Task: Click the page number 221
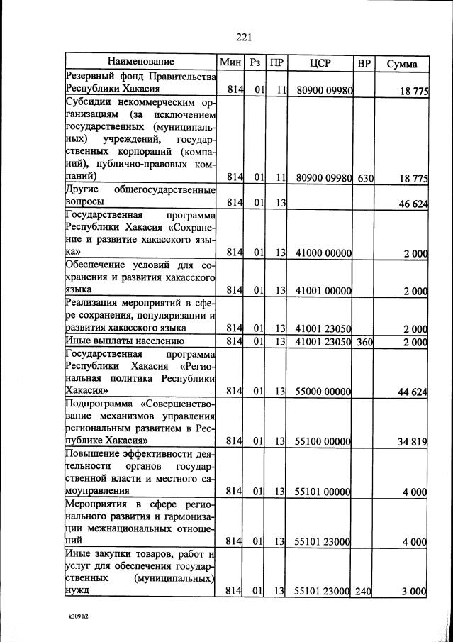pyautogui.click(x=244, y=38)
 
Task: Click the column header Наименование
pyautogui.click(x=140, y=62)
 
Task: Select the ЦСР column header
pyautogui.click(x=321, y=63)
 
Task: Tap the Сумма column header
pyautogui.click(x=401, y=64)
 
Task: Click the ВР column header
pyautogui.click(x=364, y=63)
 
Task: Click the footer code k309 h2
pyautogui.click(x=73, y=616)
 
